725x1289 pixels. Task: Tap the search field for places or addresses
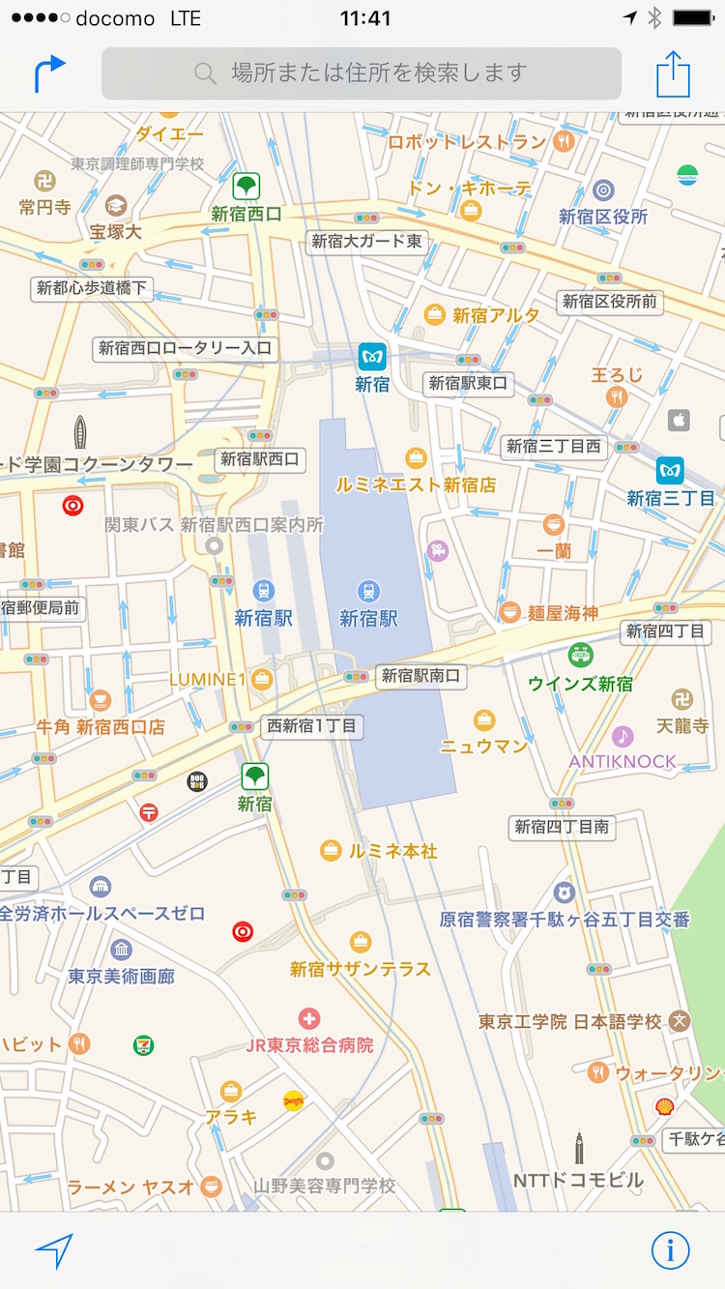[362, 73]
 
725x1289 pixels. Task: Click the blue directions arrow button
[49, 73]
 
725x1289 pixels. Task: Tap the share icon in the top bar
[673, 73]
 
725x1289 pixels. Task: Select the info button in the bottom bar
[670, 1250]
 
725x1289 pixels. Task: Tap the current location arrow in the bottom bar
[54, 1251]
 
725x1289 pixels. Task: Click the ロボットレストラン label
[467, 142]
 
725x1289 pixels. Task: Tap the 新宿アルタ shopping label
[496, 315]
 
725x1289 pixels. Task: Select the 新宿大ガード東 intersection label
[367, 242]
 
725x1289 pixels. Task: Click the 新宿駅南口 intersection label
[420, 676]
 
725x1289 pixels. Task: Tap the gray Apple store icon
[679, 420]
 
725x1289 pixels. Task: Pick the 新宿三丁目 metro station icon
[670, 471]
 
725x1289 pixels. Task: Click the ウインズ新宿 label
[580, 684]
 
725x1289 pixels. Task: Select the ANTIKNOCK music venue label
[623, 761]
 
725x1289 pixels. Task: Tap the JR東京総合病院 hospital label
[309, 1044]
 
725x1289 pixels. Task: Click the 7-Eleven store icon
[144, 1044]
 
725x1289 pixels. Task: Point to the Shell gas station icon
[664, 1106]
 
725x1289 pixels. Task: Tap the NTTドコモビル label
[578, 1180]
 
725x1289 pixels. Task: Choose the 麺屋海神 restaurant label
[563, 612]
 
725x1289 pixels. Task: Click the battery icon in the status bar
[693, 18]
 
